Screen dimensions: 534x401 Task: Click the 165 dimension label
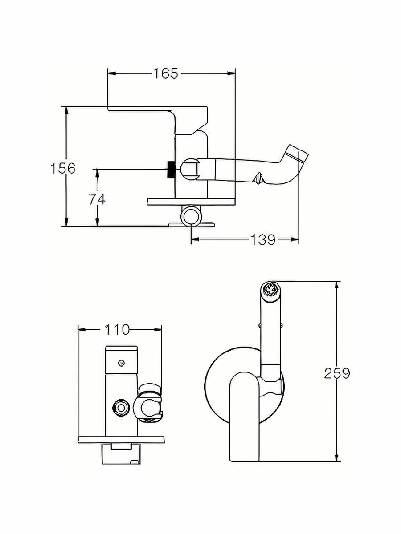(166, 73)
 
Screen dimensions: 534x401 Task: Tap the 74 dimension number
(97, 199)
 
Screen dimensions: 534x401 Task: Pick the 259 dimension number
(337, 373)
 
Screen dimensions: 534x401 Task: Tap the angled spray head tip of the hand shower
(298, 154)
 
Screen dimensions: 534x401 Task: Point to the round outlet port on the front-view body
(120, 407)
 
